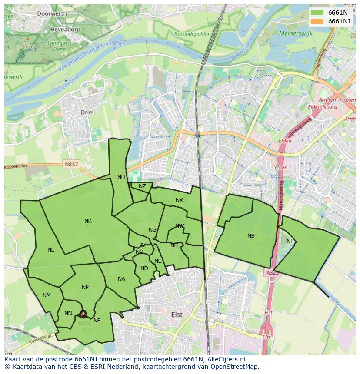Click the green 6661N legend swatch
click(317, 13)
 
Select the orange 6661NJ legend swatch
click(317, 21)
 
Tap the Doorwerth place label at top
click(52, 13)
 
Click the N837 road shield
click(71, 164)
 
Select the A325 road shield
click(272, 272)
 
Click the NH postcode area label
click(121, 177)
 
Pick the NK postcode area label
click(88, 221)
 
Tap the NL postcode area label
click(51, 250)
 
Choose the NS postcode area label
click(251, 236)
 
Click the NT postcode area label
click(290, 241)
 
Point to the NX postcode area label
click(179, 200)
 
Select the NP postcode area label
click(85, 287)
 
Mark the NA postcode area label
click(121, 279)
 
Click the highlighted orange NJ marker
click(83, 314)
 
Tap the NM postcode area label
click(47, 295)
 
